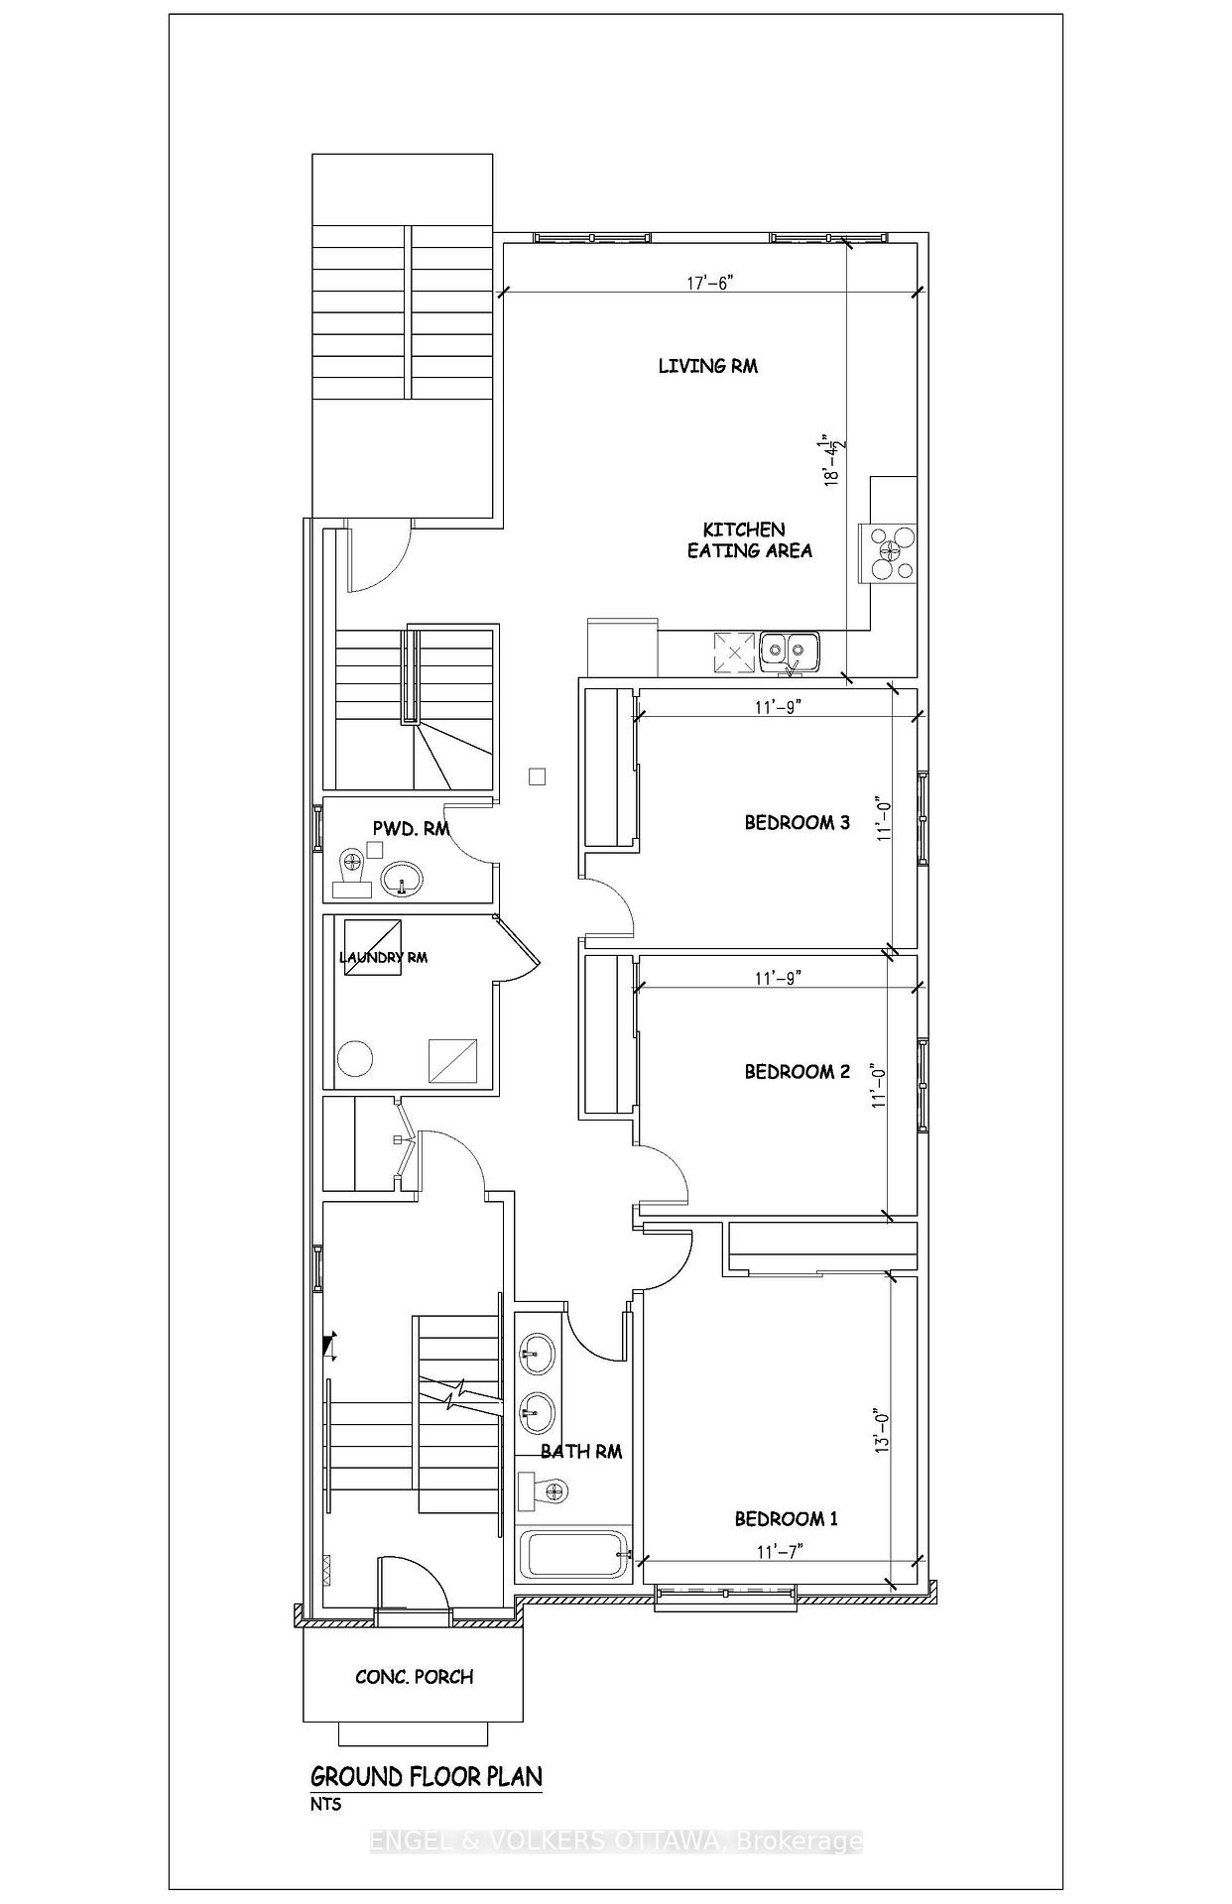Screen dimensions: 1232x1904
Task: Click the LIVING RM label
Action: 708,366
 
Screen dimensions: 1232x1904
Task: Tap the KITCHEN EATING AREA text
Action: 750,540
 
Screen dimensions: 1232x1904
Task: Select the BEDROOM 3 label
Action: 798,822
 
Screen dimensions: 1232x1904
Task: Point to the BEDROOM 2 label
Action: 798,1071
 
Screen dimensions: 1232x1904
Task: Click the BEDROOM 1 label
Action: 787,1518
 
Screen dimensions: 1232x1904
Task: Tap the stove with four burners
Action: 893,553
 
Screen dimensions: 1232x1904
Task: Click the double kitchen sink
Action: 790,652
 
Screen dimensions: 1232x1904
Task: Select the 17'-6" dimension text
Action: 710,283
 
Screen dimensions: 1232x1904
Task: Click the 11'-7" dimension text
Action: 779,1552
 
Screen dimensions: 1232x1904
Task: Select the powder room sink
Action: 402,878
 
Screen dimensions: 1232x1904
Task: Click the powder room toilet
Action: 350,871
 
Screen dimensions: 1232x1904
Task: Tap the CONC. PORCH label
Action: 415,1677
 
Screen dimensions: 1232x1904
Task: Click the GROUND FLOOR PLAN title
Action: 427,1776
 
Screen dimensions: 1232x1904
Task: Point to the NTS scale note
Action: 325,1804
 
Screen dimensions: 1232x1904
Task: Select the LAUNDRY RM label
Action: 383,957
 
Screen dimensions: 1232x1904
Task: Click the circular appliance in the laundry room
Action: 356,1059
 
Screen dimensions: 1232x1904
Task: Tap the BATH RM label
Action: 581,1451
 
